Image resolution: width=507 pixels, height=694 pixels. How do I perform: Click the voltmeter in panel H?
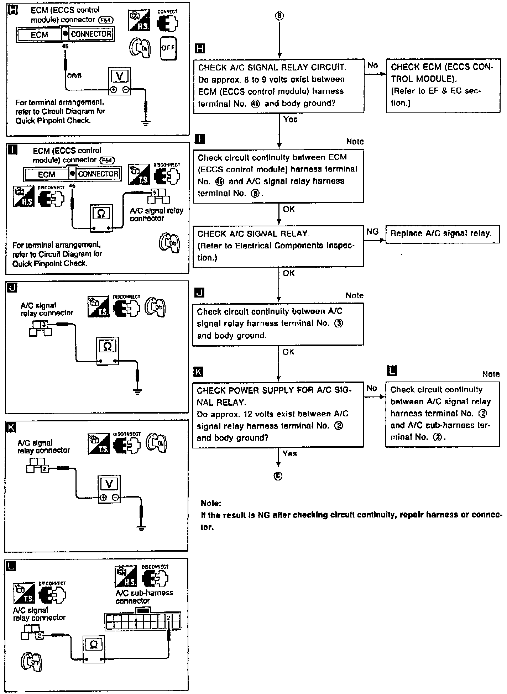tap(120, 81)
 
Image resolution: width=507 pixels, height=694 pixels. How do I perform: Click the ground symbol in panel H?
tap(146, 123)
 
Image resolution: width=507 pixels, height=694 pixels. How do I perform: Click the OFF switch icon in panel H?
tap(168, 48)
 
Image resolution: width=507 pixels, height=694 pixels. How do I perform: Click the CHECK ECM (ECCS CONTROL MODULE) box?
tap(443, 86)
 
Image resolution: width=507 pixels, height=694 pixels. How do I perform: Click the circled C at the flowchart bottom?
tap(278, 476)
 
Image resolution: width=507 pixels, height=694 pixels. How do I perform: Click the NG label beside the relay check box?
tap(372, 232)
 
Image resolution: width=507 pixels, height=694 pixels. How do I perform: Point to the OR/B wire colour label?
tap(74, 76)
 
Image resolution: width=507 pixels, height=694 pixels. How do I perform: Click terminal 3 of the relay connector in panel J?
tap(44, 324)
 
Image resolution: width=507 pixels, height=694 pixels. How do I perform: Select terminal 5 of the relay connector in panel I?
tap(155, 193)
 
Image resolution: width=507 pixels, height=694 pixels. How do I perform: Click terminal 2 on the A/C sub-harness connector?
tap(168, 617)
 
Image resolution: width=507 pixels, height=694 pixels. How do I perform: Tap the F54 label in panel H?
tap(107, 20)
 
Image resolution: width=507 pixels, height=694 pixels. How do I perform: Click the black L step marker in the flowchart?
tap(392, 370)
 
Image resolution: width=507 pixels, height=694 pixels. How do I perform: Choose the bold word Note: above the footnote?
tap(211, 503)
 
